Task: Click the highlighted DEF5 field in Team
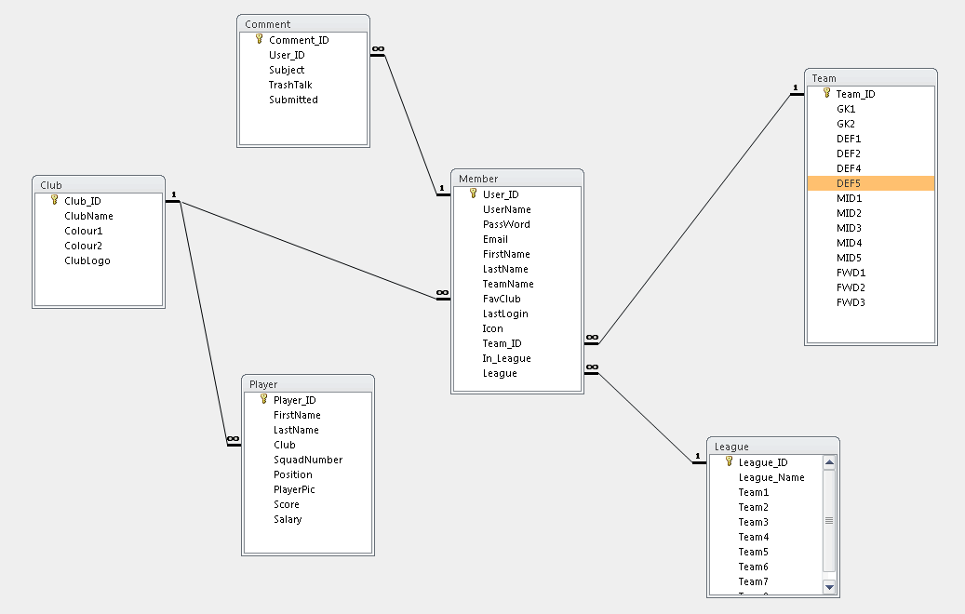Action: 870,183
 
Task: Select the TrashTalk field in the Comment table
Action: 290,85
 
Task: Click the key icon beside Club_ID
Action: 54,200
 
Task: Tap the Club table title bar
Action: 99,184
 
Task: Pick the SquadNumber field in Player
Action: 308,460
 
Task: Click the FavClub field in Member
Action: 502,299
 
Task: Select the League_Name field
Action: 771,477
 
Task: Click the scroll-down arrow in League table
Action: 829,587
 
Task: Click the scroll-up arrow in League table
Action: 829,462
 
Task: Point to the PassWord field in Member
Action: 506,224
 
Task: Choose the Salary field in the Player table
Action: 288,519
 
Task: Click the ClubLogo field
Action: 87,260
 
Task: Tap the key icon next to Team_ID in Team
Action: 826,93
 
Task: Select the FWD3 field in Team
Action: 851,302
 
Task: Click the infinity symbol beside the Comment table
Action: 378,49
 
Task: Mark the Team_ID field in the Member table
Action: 502,343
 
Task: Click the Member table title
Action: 478,179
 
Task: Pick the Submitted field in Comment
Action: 293,100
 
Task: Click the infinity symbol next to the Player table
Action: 234,439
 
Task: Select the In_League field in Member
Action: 506,359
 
